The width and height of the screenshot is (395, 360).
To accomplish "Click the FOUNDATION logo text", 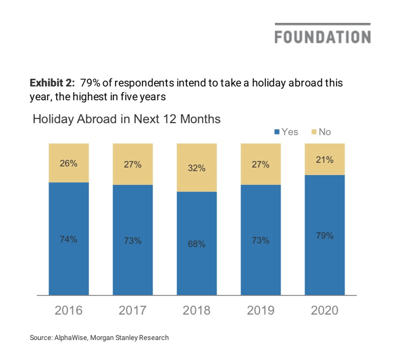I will [323, 37].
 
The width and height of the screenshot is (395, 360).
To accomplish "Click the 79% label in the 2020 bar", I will [325, 236].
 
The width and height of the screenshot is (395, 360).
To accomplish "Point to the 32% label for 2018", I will [197, 168].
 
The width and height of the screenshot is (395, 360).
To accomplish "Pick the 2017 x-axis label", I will [133, 310].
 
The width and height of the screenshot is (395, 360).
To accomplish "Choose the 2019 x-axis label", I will [261, 310].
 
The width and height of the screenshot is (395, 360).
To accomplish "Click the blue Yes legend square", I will [277, 132].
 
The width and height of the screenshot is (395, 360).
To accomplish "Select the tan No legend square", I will [314, 132].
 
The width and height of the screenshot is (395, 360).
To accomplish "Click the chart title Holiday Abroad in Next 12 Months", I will [126, 119].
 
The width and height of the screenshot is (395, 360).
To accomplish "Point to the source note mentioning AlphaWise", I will [99, 337].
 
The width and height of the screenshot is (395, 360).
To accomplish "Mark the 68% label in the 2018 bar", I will [197, 244].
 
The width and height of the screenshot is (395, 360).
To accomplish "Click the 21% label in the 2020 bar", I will [325, 159].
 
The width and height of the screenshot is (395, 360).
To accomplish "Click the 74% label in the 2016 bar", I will [69, 239].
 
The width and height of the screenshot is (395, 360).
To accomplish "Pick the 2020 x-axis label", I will [325, 310].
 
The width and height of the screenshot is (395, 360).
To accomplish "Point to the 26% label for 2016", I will [69, 163].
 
